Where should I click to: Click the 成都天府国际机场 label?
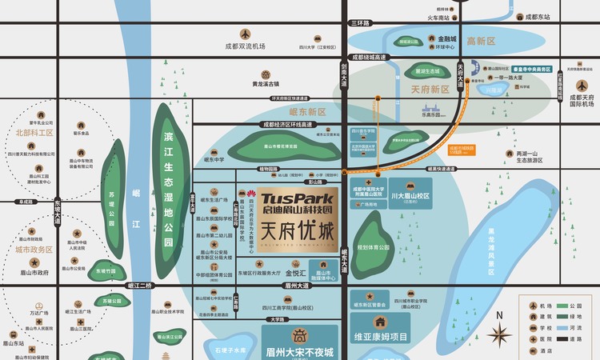[582, 100]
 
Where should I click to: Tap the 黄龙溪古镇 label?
[266, 83]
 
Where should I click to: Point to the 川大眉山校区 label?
[410, 195]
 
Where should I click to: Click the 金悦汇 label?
[296, 272]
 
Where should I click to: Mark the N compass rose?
[499, 334]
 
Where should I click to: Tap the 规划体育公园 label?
[373, 249]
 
